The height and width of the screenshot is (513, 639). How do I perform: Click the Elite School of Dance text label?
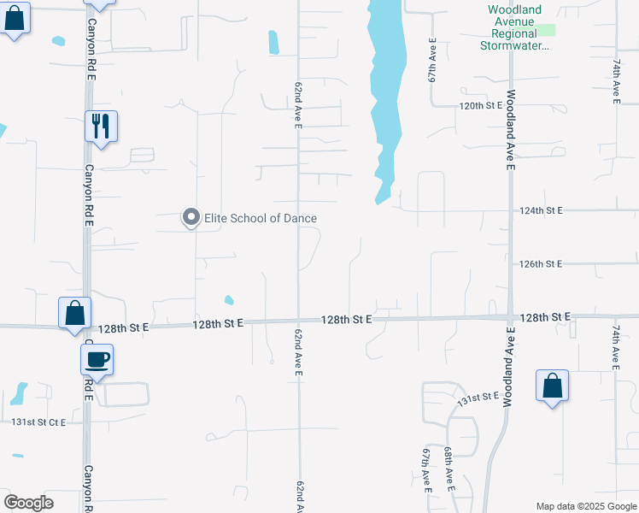pos(261,219)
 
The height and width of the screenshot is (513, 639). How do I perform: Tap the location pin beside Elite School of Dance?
pos(191,219)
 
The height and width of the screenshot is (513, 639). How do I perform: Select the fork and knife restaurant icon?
pos(101,127)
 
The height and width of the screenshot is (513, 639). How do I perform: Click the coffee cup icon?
pos(97,359)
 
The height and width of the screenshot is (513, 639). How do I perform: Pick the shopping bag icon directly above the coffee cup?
pos(74,313)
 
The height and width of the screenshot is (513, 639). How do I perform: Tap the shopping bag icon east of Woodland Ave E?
pos(553,386)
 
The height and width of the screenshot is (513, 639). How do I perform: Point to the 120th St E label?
pos(481,105)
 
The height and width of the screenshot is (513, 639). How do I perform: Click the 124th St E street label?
pos(541,210)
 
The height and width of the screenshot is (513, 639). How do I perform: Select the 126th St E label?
pos(541,264)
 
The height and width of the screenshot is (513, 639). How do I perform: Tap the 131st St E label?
pos(478,398)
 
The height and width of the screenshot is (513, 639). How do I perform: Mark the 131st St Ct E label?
pos(38,422)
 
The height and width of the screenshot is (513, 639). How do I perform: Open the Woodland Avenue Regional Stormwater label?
pos(515,27)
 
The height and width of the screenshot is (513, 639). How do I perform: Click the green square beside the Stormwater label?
pos(547,30)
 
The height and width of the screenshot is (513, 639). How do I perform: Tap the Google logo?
pos(28,502)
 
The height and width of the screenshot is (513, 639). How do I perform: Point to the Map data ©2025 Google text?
pos(586,506)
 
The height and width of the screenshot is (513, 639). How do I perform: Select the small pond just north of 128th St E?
pos(229,300)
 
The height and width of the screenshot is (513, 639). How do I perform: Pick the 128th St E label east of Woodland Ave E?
pos(545,317)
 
